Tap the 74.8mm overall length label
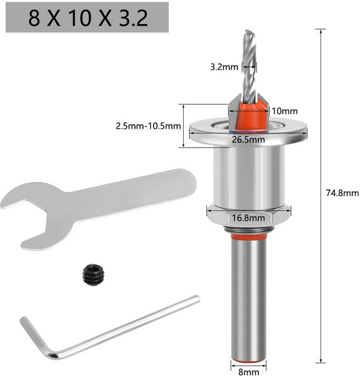coord(343,193)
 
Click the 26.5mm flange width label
coord(248,139)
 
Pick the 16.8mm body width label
coord(248,217)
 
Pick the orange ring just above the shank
coord(247,234)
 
